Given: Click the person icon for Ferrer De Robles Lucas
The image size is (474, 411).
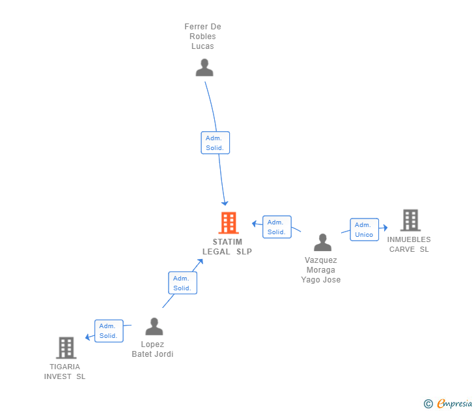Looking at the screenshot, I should pos(204,68).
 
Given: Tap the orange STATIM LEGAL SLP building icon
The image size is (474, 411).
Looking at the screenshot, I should pos(229,223).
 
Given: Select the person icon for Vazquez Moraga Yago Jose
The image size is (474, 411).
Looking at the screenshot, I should pos(322,243).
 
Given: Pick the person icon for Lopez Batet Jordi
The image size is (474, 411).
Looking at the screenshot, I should pos(154,326).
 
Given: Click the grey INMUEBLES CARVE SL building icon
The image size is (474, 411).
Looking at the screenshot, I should pos(410,221).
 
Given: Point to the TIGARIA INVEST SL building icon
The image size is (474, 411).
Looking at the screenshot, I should pos(66,348).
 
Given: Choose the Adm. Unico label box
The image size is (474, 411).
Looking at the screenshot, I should pos(364,230).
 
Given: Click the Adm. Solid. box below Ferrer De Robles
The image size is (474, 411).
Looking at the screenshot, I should pos(215,143).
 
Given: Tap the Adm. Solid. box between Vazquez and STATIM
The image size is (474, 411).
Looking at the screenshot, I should pos(277,227).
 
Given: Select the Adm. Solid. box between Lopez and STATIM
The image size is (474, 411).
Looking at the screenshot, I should pos(182,283).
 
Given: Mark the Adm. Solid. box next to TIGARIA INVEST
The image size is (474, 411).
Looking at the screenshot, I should pos(108,331).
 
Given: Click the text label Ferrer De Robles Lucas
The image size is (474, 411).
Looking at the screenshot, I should pos(202,37).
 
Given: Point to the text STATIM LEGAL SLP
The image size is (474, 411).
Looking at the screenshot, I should pos(227,247).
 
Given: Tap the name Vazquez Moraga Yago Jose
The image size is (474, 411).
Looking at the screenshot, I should pos(320,269).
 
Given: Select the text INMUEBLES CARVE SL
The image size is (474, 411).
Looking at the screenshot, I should pos(409,244).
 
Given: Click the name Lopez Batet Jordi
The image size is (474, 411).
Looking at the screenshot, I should pos(153,349).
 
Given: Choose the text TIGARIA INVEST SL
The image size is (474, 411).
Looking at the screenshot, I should pos(64,371).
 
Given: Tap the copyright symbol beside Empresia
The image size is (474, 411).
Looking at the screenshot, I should pos(428,404).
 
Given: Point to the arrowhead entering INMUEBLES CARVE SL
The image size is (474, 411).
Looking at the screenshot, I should pos(385,228).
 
